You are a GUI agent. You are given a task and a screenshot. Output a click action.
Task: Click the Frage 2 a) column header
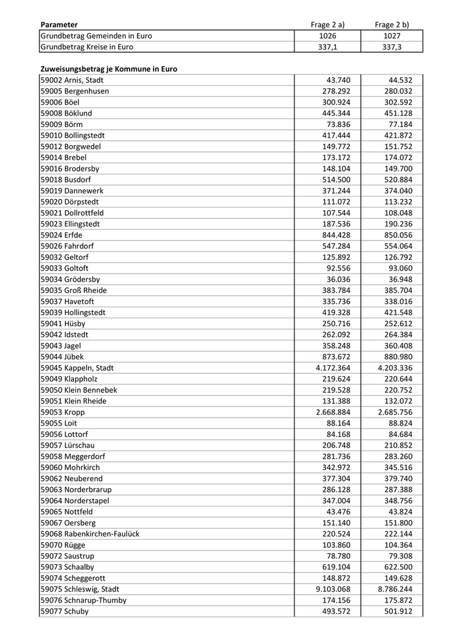(x=328, y=25)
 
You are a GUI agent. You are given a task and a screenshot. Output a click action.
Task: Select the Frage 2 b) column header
(x=392, y=25)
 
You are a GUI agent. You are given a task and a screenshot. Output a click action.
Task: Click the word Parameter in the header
(x=59, y=25)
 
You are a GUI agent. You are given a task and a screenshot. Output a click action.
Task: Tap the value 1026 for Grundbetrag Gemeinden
(x=328, y=36)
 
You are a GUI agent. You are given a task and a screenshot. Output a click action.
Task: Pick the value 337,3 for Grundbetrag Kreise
(x=392, y=47)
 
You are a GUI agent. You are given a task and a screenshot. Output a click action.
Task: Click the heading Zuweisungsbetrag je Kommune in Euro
(x=108, y=69)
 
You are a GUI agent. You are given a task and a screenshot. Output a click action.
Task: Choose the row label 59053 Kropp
(x=62, y=412)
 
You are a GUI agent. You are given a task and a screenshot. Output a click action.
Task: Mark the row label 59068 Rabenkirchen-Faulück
(x=90, y=534)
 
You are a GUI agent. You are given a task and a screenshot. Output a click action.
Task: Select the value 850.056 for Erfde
(x=398, y=235)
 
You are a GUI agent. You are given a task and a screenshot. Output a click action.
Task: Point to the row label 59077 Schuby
(x=64, y=611)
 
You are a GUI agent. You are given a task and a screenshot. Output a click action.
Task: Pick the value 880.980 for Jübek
(x=398, y=357)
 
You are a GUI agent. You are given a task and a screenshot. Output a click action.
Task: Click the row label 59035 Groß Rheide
(x=73, y=290)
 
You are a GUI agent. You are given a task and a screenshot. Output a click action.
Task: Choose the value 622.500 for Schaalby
(x=398, y=567)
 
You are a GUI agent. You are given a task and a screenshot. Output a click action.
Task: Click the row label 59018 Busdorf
(x=66, y=180)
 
